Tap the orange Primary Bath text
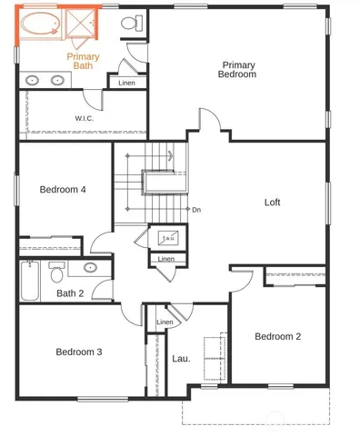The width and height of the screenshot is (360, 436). pos(83,61)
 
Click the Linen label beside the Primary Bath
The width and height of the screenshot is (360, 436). pos(126,84)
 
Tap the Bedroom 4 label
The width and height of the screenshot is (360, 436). pos(63,190)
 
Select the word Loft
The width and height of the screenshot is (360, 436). pos(273,202)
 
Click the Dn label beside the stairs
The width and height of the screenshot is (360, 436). pos(195,210)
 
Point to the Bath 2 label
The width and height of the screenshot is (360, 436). pos(70,292)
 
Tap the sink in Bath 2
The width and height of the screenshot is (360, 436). pos(91,267)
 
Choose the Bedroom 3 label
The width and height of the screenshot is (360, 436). pos(78,352)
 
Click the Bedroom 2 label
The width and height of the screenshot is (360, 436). pos(277,336)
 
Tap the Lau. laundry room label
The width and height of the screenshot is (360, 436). pos(181,358)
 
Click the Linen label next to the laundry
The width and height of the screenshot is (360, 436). pos(165,322)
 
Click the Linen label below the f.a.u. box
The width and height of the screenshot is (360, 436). pos(165,259)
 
